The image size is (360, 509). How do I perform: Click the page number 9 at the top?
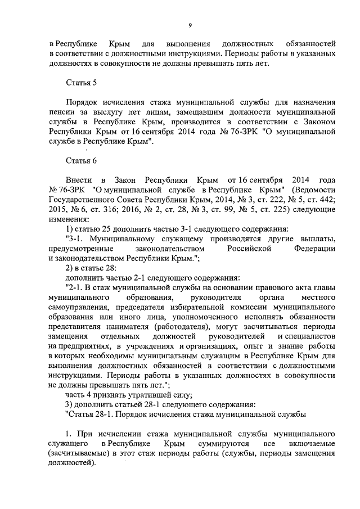[190, 25]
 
